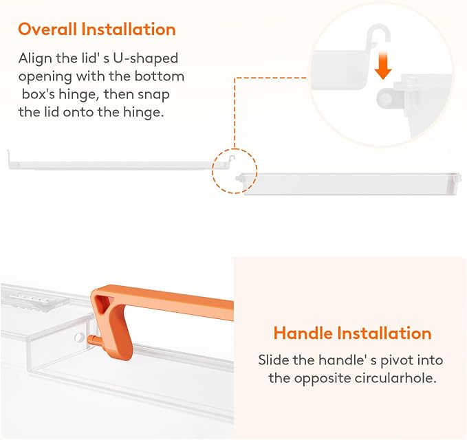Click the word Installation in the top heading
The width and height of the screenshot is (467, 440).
[129, 29]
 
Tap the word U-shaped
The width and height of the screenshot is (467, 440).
[145, 58]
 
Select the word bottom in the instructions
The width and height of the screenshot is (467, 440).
[160, 76]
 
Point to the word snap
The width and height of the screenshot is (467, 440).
[154, 95]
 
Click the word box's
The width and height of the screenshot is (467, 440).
[38, 94]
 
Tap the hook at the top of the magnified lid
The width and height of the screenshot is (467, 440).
[378, 33]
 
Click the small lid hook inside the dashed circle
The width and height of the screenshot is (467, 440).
[232, 159]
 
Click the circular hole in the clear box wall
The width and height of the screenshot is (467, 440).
[79, 337]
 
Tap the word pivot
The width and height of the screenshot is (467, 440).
[397, 360]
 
